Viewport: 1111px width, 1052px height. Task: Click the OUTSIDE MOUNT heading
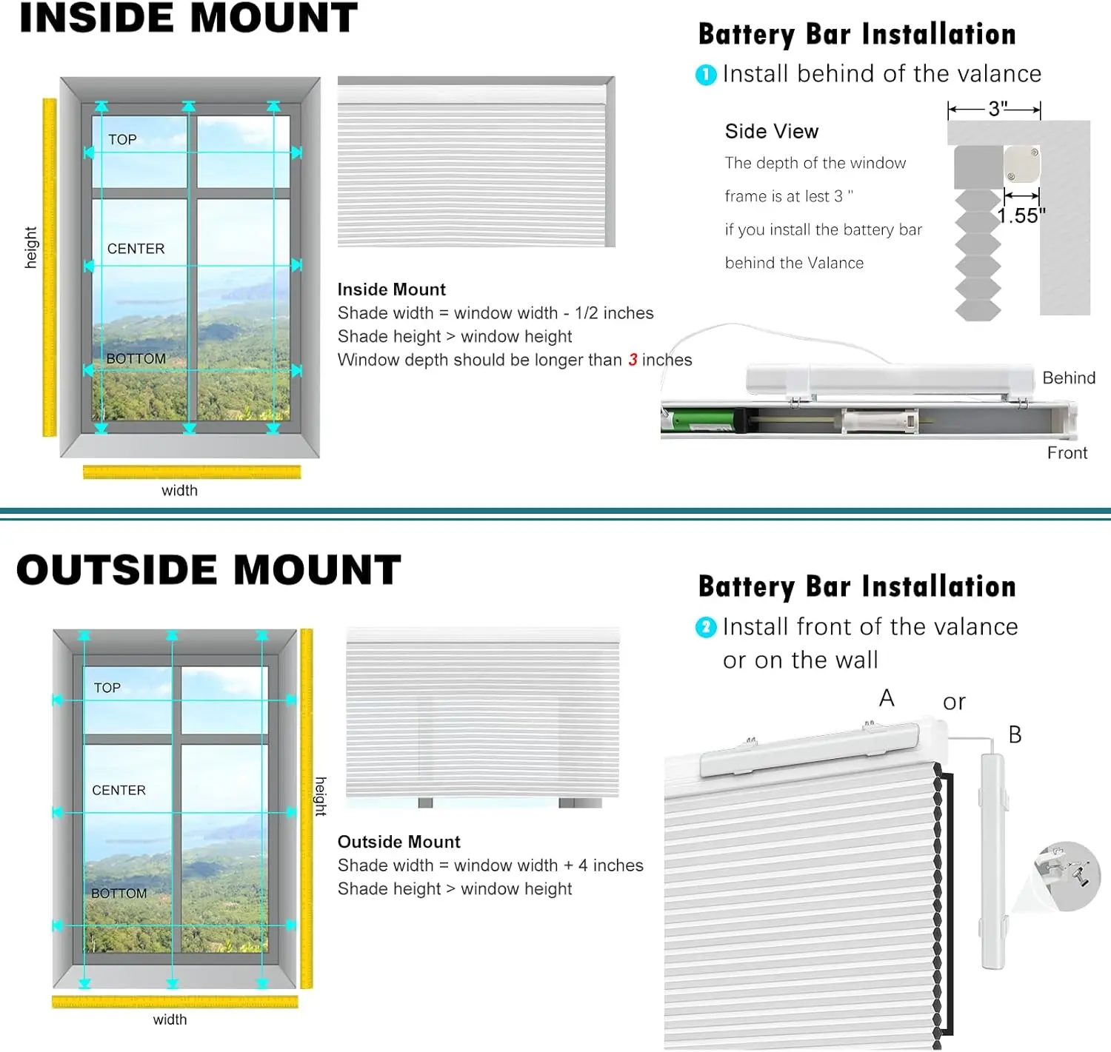(208, 570)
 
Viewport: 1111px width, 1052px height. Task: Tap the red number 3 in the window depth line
(633, 360)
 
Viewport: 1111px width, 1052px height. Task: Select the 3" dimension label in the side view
(997, 109)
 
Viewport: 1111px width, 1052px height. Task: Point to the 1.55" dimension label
(1021, 215)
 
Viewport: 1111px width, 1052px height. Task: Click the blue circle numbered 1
(706, 75)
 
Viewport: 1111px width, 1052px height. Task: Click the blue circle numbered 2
(706, 628)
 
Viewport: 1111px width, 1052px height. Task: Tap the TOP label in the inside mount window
(122, 139)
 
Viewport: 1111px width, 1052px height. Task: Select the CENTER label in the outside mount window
(119, 790)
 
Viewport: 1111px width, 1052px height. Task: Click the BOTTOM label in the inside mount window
(136, 358)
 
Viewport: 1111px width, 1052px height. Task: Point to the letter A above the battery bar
(887, 698)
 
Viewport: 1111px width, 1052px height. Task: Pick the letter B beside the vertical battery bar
(1015, 734)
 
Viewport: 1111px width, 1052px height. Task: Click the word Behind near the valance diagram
(1068, 378)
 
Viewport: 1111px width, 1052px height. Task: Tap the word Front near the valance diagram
(1067, 453)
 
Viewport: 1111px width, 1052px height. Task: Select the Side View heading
(771, 131)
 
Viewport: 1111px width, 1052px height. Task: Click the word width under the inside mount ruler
(179, 490)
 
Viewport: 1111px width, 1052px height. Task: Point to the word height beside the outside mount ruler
(321, 796)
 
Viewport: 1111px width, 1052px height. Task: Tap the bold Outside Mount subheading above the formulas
(398, 842)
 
